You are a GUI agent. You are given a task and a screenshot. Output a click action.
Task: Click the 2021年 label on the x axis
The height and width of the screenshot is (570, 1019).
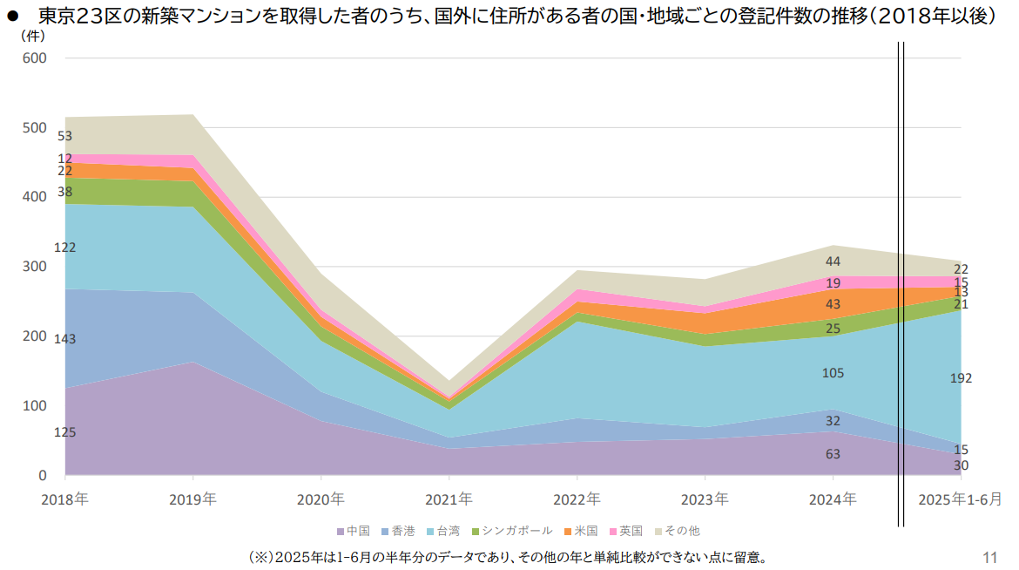(449, 499)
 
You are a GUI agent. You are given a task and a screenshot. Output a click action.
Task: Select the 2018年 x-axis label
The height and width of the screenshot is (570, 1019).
(64, 499)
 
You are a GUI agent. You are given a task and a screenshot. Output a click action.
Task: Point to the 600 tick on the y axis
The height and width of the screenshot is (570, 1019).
(35, 58)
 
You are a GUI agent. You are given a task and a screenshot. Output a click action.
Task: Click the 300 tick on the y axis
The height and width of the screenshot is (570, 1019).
(35, 267)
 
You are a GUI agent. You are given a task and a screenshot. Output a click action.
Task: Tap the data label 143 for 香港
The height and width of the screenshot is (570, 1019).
(64, 338)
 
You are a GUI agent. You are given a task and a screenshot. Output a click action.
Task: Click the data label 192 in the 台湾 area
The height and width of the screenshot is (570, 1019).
(961, 378)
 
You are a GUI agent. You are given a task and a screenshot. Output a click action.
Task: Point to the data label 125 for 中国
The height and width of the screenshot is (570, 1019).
(64, 432)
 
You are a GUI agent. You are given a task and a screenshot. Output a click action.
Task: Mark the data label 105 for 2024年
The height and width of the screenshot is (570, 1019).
(833, 373)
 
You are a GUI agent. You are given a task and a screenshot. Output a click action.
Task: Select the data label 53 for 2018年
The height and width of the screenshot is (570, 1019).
(64, 136)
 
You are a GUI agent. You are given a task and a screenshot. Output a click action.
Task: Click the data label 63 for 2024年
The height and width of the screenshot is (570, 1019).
(833, 454)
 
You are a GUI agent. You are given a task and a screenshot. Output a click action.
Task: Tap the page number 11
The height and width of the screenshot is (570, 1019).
(989, 557)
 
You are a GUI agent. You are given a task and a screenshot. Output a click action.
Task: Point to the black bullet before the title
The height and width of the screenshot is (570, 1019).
(14, 17)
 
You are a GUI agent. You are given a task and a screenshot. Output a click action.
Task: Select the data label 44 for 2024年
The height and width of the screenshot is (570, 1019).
(833, 261)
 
